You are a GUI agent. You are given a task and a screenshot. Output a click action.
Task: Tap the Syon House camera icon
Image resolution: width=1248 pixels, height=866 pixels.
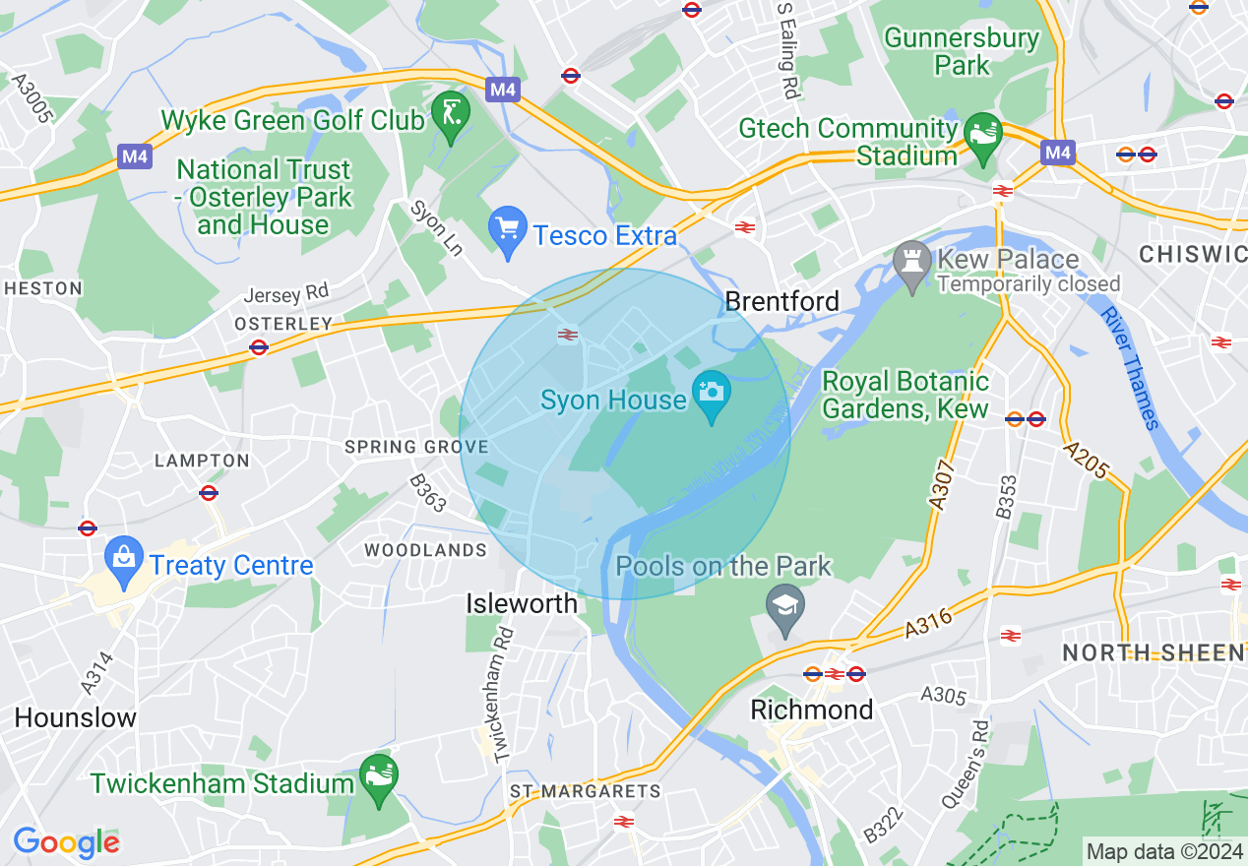coord(712,392)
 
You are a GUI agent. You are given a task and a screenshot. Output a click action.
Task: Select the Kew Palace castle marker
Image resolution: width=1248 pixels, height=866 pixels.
coord(912,262)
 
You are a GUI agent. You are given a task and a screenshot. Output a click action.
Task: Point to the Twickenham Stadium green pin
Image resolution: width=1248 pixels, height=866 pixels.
coord(378,775)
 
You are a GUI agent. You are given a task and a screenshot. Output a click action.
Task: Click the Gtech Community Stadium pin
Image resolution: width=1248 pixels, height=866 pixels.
coord(982,135)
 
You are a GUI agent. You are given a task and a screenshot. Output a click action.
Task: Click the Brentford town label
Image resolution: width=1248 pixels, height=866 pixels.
coord(781,301)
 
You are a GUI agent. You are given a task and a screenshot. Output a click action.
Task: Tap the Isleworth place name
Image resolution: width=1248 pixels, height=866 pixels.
coord(522,603)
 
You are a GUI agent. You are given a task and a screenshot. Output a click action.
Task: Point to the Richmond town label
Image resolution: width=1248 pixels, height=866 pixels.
coord(811,710)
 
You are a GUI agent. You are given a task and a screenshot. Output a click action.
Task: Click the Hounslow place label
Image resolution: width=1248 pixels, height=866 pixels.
coord(75,717)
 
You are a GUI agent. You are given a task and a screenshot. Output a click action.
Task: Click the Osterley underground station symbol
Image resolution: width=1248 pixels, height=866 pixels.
coord(259,346)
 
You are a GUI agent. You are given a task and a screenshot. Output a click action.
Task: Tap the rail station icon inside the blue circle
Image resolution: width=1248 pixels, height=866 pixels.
coord(567,335)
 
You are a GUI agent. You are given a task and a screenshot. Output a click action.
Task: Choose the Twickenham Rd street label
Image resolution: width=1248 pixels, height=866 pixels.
coord(504,694)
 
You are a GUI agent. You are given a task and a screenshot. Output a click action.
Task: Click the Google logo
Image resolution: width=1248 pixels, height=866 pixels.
coord(66,842)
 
